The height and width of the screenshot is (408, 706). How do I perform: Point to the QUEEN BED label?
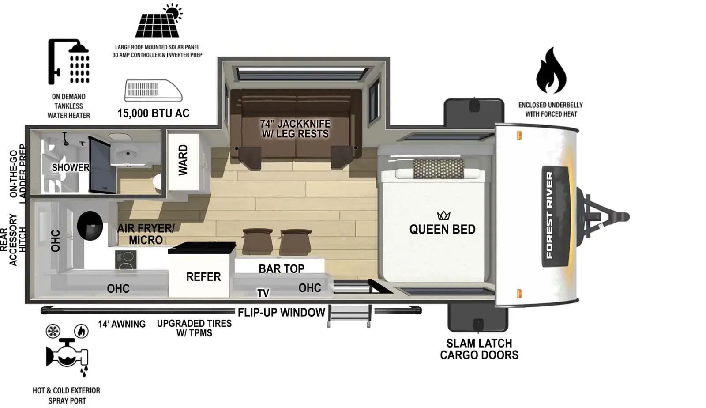(442, 229)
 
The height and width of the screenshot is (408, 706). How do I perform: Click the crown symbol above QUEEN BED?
(443, 215)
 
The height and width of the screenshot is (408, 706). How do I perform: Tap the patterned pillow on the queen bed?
(439, 169)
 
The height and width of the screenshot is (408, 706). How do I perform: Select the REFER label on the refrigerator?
(203, 277)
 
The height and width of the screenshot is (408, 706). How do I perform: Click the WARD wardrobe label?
(183, 160)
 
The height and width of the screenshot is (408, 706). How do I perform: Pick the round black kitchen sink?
(90, 225)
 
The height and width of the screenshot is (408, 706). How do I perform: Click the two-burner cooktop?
(126, 259)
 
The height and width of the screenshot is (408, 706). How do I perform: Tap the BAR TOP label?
(281, 268)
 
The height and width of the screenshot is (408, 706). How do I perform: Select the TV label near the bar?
(263, 293)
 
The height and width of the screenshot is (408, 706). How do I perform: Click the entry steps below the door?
(349, 316)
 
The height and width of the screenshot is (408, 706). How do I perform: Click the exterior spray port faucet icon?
(67, 353)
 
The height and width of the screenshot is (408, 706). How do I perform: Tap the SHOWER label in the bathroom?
(70, 167)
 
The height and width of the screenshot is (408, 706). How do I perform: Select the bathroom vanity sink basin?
(128, 154)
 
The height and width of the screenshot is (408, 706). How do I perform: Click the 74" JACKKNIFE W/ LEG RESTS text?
(295, 128)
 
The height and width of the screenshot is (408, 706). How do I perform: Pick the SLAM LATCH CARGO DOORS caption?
(479, 349)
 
